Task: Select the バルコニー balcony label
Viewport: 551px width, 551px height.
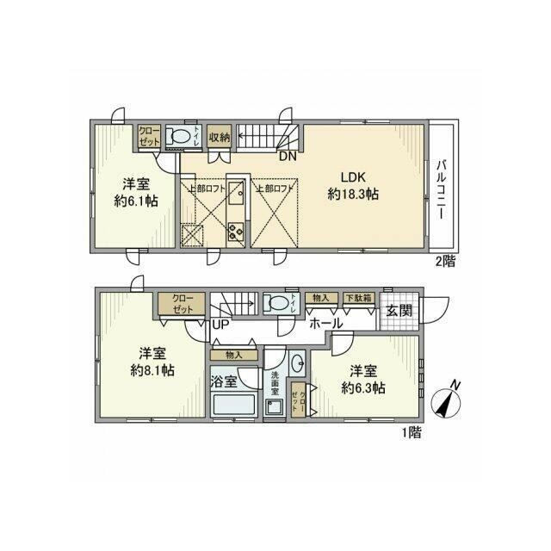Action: coord(440,189)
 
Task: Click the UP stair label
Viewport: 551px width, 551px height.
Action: coord(221,325)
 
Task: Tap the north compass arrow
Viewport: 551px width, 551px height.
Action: coord(449,399)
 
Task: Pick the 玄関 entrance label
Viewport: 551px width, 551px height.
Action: coord(398,310)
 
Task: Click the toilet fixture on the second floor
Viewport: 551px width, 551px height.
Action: coord(180,136)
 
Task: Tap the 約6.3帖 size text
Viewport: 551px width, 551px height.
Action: coord(362,388)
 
